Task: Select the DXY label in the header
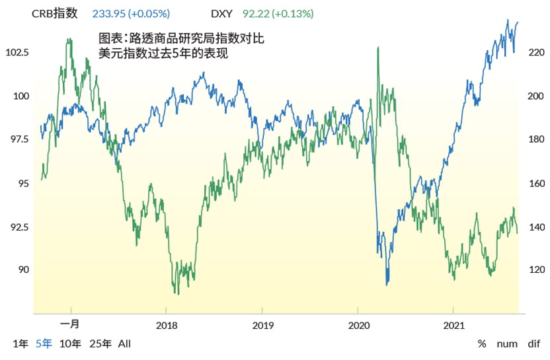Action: click(x=221, y=13)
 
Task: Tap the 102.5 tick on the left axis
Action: click(x=17, y=52)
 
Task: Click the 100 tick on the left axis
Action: click(x=20, y=96)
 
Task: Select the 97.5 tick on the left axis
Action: click(x=20, y=139)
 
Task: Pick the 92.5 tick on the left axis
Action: click(x=20, y=227)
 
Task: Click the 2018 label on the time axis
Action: click(x=167, y=326)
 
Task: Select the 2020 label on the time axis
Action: click(x=358, y=326)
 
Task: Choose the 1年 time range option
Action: click(x=20, y=343)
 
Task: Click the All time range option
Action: click(x=125, y=343)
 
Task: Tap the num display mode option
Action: click(x=507, y=344)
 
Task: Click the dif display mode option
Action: click(x=533, y=344)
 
